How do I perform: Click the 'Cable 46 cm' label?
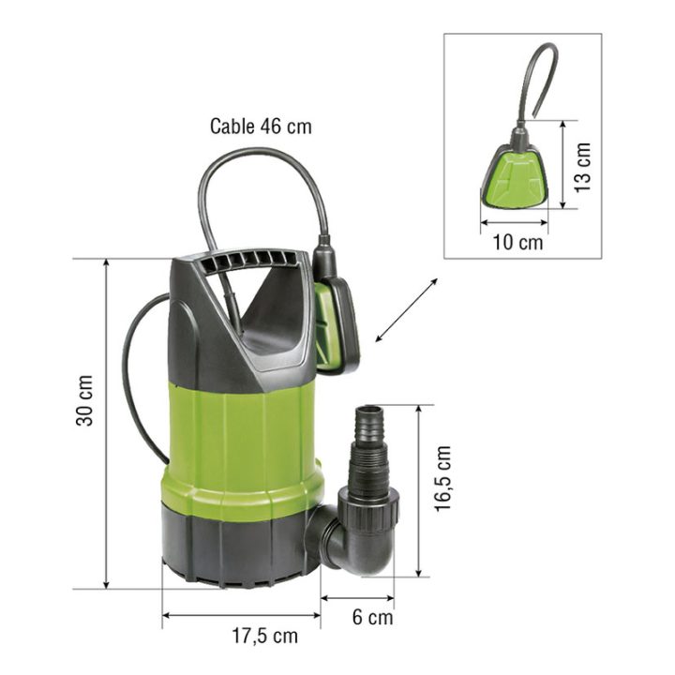tap(261, 127)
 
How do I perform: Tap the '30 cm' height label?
tap(84, 400)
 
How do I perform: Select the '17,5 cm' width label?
tap(264, 636)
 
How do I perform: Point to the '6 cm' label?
tap(372, 617)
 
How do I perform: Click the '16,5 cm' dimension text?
tap(442, 478)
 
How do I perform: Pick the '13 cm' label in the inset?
tap(582, 168)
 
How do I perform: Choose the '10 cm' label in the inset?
tap(517, 243)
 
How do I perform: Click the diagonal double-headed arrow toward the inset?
tap(406, 310)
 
